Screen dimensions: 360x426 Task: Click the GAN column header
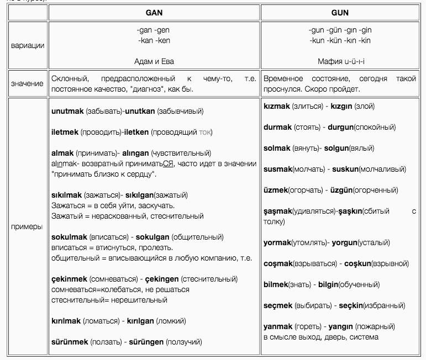[154, 12]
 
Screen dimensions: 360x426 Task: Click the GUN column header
[339, 12]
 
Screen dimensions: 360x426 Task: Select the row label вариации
[28, 45]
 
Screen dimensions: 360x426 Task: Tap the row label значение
[28, 83]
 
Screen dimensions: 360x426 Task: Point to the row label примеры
[28, 227]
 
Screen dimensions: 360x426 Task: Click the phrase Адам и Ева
[154, 61]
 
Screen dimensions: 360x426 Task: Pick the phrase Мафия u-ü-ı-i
[339, 61]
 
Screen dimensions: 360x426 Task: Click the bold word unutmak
[67, 112]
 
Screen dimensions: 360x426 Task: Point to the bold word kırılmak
[66, 321]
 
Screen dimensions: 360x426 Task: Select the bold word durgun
[344, 127]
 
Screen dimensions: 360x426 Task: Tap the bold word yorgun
[344, 242]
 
